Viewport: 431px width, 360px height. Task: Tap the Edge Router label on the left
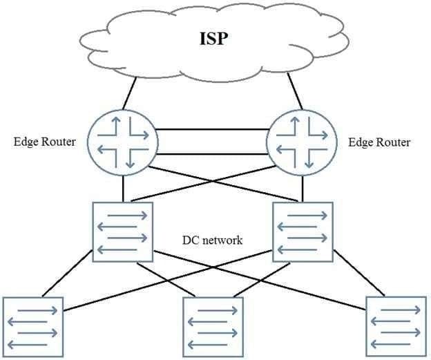(43, 142)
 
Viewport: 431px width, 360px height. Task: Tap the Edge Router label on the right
(379, 142)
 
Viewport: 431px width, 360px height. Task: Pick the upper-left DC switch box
(123, 231)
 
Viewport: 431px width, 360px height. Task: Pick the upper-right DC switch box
(302, 231)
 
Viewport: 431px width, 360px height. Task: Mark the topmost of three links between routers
(213, 129)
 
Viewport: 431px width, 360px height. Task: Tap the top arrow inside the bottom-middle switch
(213, 311)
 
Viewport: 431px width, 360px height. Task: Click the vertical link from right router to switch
(301, 189)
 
